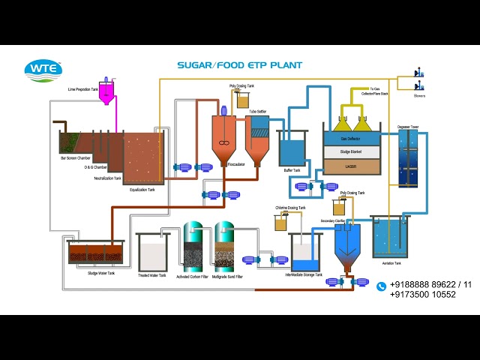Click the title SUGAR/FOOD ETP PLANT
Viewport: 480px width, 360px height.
point(239,65)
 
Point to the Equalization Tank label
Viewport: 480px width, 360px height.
point(142,190)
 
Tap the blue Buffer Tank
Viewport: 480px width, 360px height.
point(291,151)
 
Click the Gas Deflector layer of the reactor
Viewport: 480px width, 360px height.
point(349,139)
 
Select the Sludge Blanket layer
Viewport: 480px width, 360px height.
point(349,152)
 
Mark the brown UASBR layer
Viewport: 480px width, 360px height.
point(349,166)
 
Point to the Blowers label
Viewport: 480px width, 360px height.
point(419,95)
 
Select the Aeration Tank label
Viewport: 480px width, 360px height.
point(391,263)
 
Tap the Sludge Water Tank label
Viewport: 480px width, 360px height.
point(101,273)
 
